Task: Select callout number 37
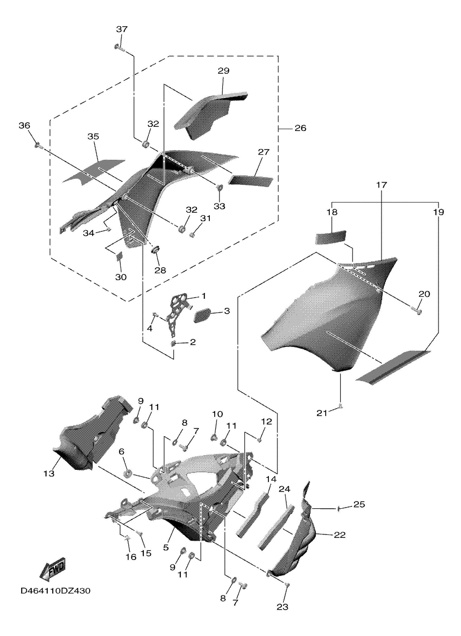[x=121, y=30]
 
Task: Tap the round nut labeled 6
[x=128, y=474]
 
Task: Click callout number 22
[x=340, y=535]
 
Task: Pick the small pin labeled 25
[x=339, y=508]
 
